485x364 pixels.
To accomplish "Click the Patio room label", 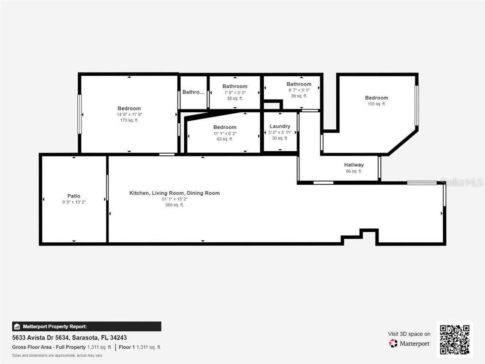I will pos(73,196).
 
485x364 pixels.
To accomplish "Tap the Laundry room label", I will pos(279,126).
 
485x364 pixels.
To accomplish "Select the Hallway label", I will pos(354,165).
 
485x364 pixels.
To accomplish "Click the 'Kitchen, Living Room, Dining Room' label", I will pos(174,193).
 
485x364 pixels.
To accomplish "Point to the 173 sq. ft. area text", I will pos(129,120).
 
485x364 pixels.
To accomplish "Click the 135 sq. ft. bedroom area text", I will pos(377,104).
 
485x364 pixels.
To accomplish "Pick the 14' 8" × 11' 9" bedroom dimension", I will pos(129,115).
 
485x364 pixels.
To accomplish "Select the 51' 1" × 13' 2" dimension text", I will pos(174,199).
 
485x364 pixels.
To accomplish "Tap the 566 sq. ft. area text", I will pos(174,205).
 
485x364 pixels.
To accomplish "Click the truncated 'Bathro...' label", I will pos(193,92).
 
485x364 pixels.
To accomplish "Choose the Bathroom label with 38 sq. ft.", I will pos(235,86).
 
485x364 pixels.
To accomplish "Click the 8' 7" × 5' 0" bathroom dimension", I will pos(299,90).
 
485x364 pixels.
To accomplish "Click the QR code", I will pos(454,339).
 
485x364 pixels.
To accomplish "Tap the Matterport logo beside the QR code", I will pos(410,343).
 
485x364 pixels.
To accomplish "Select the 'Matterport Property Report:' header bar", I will pos(87,327).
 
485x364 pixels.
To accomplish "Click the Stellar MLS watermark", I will pos(461,182).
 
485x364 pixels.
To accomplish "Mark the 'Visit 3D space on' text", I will pos(409,334).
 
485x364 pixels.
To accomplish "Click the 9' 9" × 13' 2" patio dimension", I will pos(73,202).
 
